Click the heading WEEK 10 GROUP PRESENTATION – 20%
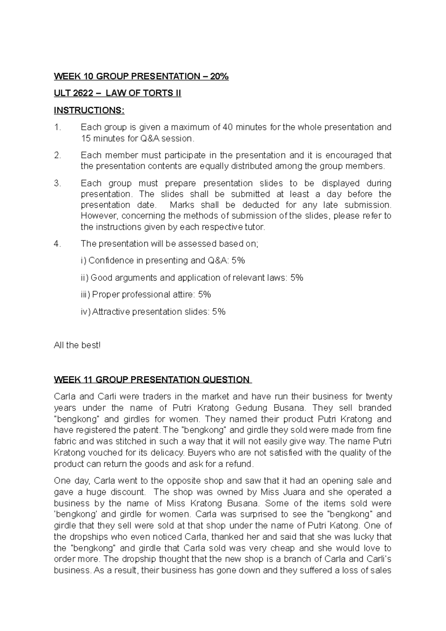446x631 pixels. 141,77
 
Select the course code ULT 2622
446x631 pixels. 73,93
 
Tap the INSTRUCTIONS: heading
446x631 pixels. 89,110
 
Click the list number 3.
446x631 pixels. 57,183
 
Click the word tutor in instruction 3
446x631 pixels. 255,227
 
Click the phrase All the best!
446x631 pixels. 77,345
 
